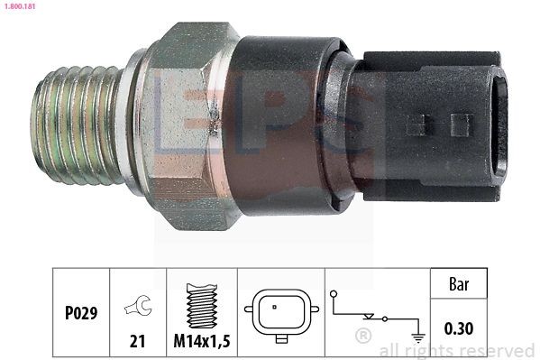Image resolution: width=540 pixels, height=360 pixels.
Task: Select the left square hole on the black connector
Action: [417, 124]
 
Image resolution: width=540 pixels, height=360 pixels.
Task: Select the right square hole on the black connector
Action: [461, 124]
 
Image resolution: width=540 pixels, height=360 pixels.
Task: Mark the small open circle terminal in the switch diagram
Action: [334, 293]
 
